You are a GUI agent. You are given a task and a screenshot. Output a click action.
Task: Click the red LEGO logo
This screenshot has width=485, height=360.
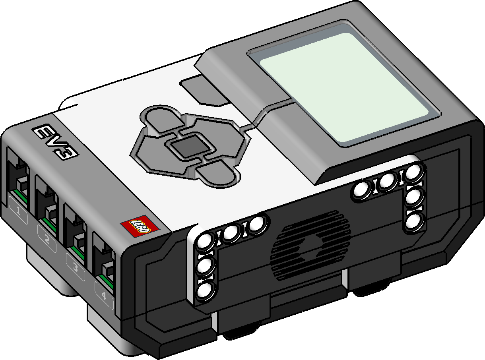pyautogui.click(x=140, y=226)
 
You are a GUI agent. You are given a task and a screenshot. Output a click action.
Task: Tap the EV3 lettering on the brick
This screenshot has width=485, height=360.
pyautogui.click(x=55, y=142)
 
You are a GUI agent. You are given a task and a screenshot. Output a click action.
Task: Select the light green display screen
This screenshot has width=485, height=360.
pyautogui.click(x=344, y=87)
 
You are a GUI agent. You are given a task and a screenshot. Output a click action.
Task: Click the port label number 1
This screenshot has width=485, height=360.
pyautogui.click(x=18, y=211)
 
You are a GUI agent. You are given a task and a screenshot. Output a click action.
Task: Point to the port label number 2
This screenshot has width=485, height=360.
pyautogui.click(x=47, y=239)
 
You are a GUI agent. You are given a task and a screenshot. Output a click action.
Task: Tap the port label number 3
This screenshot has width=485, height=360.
pyautogui.click(x=76, y=267)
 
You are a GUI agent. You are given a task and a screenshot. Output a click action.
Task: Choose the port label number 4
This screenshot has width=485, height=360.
pyautogui.click(x=104, y=296)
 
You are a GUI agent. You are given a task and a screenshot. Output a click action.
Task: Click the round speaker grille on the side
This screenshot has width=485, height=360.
pyautogui.click(x=310, y=245)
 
